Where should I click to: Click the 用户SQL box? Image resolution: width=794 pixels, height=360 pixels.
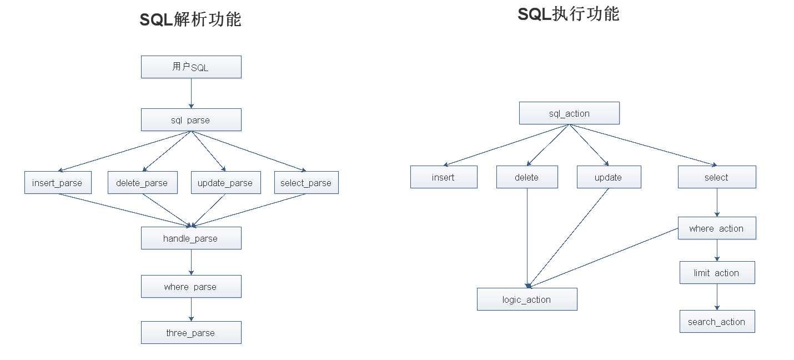pyautogui.click(x=191, y=67)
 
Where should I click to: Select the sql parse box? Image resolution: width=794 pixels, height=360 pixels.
pyautogui.click(x=191, y=120)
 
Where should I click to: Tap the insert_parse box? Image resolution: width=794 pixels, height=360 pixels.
pyautogui.click(x=58, y=183)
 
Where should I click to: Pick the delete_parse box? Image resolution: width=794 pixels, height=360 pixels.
pyautogui.click(x=142, y=183)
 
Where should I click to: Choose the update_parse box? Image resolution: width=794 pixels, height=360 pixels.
pyautogui.click(x=225, y=183)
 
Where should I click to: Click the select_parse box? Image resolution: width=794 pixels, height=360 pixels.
pyautogui.click(x=306, y=183)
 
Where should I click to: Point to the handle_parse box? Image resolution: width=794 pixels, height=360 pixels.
pyautogui.click(x=191, y=238)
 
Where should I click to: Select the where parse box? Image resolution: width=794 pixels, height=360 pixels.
pyautogui.click(x=191, y=287)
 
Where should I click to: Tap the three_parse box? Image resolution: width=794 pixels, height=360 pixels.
pyautogui.click(x=191, y=333)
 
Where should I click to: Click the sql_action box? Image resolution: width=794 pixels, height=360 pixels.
pyautogui.click(x=569, y=113)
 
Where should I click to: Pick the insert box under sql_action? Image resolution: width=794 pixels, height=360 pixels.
pyautogui.click(x=444, y=177)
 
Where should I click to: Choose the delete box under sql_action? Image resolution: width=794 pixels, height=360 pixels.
pyautogui.click(x=527, y=177)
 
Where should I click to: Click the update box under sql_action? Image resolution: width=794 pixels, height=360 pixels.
pyautogui.click(x=609, y=177)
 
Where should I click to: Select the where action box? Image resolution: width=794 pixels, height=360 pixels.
pyautogui.click(x=717, y=228)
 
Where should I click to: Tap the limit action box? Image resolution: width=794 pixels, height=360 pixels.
pyautogui.click(x=717, y=273)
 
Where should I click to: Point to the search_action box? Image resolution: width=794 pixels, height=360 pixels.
pyautogui.click(x=717, y=322)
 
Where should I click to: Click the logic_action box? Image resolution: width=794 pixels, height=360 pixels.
pyautogui.click(x=527, y=299)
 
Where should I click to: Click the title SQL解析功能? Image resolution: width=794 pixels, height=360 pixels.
pyautogui.click(x=190, y=20)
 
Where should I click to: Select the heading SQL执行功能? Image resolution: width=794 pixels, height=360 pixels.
pyautogui.click(x=568, y=14)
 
